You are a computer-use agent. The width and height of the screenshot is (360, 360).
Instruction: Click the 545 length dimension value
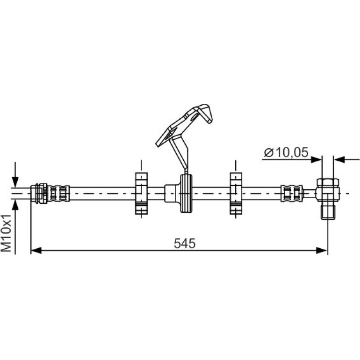[184, 244]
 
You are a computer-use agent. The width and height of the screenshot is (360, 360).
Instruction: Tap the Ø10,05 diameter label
[286, 152]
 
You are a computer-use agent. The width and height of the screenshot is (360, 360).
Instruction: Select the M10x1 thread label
[6, 233]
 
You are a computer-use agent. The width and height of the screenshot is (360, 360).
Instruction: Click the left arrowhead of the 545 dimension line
[36, 251]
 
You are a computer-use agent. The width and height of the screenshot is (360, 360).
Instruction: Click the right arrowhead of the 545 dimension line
[322, 251]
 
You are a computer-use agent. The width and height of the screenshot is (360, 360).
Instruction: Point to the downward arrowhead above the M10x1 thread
[15, 182]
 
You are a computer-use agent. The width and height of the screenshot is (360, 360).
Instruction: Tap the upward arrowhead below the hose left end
[15, 205]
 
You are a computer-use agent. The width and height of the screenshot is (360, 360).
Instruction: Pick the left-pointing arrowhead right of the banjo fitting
[339, 159]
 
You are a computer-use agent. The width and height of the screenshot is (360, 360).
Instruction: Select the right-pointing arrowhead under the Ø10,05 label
[317, 159]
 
